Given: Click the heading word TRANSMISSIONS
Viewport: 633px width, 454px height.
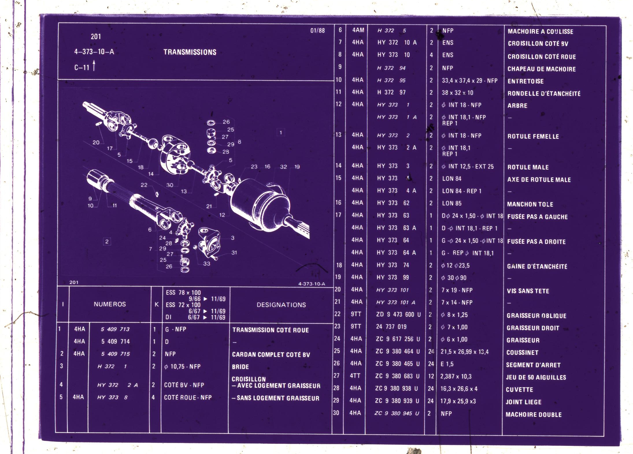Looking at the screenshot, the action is pos(190,52).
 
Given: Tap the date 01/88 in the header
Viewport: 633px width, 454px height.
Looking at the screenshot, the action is pos(318,30).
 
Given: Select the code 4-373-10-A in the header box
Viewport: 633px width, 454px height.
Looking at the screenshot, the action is pos(94,52).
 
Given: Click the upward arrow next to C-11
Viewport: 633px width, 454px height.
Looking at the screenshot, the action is pos(94,65).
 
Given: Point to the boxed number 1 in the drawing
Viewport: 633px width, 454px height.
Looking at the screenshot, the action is pos(281,133).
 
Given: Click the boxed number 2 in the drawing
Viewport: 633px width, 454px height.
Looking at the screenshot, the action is pos(107,242).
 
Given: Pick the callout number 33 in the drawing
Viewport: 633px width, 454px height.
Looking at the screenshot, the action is pos(207,264).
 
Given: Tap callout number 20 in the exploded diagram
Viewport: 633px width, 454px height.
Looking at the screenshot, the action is pos(96,142).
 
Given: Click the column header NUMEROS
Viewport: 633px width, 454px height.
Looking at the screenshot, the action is pos(110,304).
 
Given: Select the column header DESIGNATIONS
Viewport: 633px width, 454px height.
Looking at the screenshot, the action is pos(281,305).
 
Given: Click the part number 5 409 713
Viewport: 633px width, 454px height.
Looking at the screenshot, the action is pos(115,329).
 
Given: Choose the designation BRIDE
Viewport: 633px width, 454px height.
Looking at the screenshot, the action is pos(240,367).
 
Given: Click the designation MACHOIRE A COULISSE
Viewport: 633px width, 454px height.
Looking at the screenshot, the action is pos(541,31).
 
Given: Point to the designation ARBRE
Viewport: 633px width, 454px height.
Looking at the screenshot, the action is pos(517,106).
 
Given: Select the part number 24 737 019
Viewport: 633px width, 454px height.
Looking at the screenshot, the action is pos(391,327).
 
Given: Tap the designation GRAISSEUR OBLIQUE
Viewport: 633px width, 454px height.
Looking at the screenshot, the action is pos(536,316).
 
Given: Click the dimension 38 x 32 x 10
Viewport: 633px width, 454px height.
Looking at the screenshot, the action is pos(458,93).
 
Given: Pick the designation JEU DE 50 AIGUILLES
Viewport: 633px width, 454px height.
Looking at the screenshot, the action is pos(536,377).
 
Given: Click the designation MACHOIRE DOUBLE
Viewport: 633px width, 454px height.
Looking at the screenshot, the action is pos(534,415).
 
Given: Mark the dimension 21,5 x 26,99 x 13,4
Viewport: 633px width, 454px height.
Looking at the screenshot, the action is pos(464,352).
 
